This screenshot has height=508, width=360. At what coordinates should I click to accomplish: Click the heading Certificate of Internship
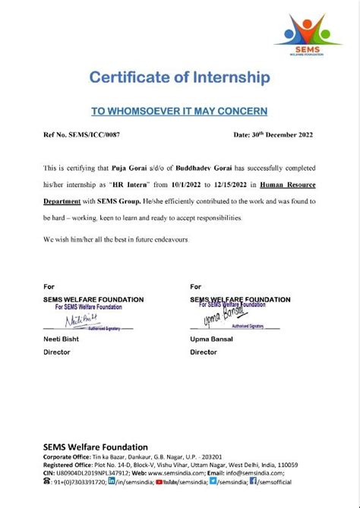click(179, 77)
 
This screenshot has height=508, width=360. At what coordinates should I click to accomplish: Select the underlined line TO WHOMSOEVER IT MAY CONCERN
click(179, 111)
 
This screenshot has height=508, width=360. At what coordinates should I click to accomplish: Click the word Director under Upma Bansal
click(204, 352)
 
